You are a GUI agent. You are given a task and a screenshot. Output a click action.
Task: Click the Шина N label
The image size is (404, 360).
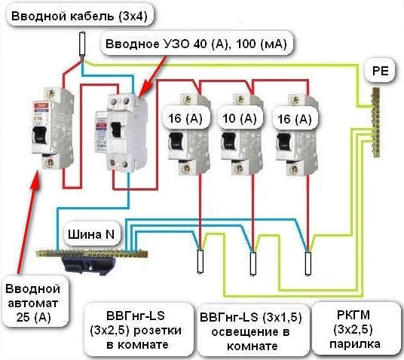tap(92, 234)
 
